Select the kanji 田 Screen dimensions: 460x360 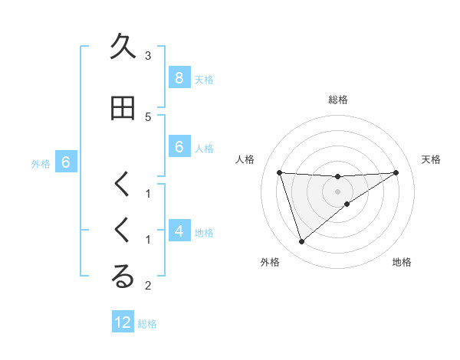tap(123, 108)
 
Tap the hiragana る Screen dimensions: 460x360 tap(123, 277)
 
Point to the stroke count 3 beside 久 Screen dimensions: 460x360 tap(148, 55)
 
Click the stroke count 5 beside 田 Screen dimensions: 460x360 tap(148, 116)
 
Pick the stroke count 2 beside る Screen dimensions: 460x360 tap(148, 286)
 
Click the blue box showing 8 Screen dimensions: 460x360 tap(179, 77)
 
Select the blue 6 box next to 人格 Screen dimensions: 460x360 tap(179, 147)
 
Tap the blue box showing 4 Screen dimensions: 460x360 tap(179, 231)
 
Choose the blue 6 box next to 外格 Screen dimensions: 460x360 tap(65, 162)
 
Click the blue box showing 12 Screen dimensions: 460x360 tap(123, 322)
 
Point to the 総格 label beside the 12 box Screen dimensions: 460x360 tap(147, 324)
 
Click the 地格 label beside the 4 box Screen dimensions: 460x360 tap(204, 233)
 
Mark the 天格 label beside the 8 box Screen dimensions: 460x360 tap(204, 79)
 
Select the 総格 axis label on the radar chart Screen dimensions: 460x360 tap(338, 100)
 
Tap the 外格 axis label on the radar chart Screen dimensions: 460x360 tap(269, 263)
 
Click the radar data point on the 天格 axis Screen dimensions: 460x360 tap(396, 172)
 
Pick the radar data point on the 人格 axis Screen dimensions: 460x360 tap(280, 172)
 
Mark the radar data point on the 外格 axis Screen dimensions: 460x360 tap(301, 242)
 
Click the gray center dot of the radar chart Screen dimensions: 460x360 tap(338, 191)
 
